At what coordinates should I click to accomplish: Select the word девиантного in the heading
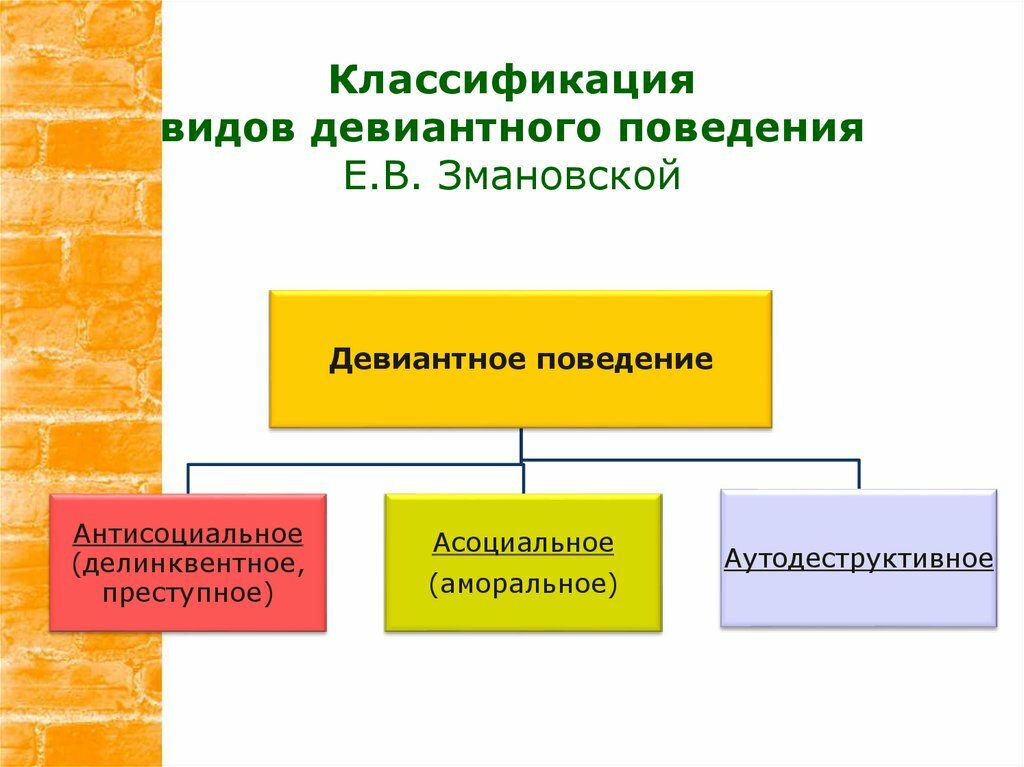tap(456, 129)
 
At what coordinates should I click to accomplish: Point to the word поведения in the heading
tap(741, 129)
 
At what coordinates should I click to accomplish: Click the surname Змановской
tap(559, 175)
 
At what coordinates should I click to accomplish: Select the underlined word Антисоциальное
tap(188, 534)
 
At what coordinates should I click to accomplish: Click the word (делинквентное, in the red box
tap(188, 563)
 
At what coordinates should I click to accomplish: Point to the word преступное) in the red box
tap(188, 593)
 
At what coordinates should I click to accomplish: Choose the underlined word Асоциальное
tap(523, 543)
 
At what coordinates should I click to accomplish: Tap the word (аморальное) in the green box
tap(523, 583)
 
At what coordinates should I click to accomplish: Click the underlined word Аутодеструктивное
tap(859, 559)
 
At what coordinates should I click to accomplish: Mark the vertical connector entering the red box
tap(188, 479)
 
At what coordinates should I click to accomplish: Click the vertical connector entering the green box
tap(523, 479)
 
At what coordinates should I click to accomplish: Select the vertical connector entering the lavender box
tap(859, 475)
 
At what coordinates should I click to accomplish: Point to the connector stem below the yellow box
tap(521, 444)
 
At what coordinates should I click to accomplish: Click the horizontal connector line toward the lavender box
tap(690, 461)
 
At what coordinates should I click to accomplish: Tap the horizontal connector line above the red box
tap(355, 465)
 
